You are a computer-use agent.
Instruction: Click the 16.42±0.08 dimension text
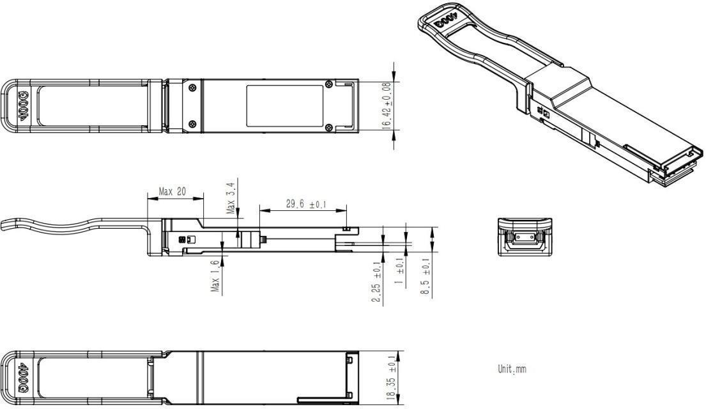[387, 106]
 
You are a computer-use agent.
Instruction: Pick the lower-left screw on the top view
[191, 123]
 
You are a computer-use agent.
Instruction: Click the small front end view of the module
[524, 238]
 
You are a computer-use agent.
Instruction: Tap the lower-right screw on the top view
[328, 127]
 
